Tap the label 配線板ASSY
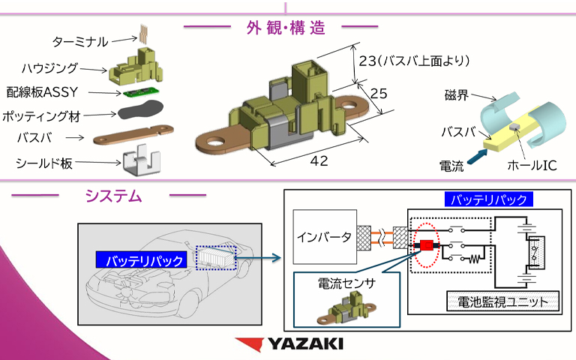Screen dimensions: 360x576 (x=48, y=92)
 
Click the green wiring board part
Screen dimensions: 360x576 (x=136, y=93)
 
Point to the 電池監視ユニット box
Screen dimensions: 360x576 (x=503, y=302)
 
